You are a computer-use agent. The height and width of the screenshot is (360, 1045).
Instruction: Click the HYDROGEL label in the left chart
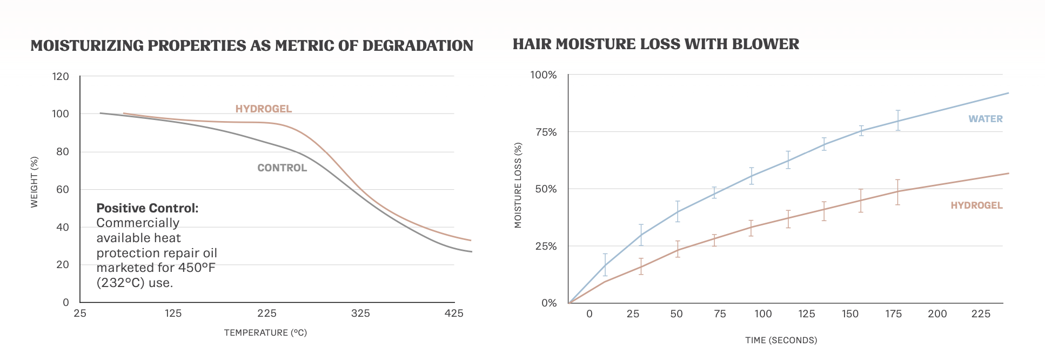[x=263, y=109]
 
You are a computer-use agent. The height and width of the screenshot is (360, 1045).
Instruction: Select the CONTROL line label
[x=282, y=168]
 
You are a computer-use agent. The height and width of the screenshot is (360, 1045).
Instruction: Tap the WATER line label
[x=985, y=119]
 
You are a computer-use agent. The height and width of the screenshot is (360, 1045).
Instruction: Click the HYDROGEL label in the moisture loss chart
[x=976, y=205]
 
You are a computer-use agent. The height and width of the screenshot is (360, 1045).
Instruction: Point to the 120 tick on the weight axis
[x=61, y=77]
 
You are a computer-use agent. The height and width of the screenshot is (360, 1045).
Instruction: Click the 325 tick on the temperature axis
[x=360, y=314]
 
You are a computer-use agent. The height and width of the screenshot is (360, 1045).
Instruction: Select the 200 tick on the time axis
[x=937, y=314]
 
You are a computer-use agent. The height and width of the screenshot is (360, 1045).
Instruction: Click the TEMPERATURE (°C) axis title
[x=265, y=333]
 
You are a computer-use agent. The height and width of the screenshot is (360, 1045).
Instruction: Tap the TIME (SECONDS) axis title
[x=781, y=341]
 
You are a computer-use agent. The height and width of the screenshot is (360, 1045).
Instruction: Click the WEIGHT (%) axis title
[x=35, y=182]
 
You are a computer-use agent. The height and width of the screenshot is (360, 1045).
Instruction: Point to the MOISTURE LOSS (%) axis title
[x=518, y=185]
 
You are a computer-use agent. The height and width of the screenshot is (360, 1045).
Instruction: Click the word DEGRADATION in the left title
[x=418, y=46]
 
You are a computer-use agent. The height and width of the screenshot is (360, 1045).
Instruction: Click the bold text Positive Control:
[x=148, y=208]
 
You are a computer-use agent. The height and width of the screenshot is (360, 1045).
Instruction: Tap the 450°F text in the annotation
[x=197, y=268]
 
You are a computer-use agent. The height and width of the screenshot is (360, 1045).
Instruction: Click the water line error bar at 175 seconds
[x=897, y=120]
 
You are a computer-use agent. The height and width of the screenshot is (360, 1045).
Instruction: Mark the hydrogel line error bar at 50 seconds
[x=678, y=249]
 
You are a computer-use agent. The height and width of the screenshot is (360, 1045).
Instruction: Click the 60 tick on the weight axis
[x=63, y=189]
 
